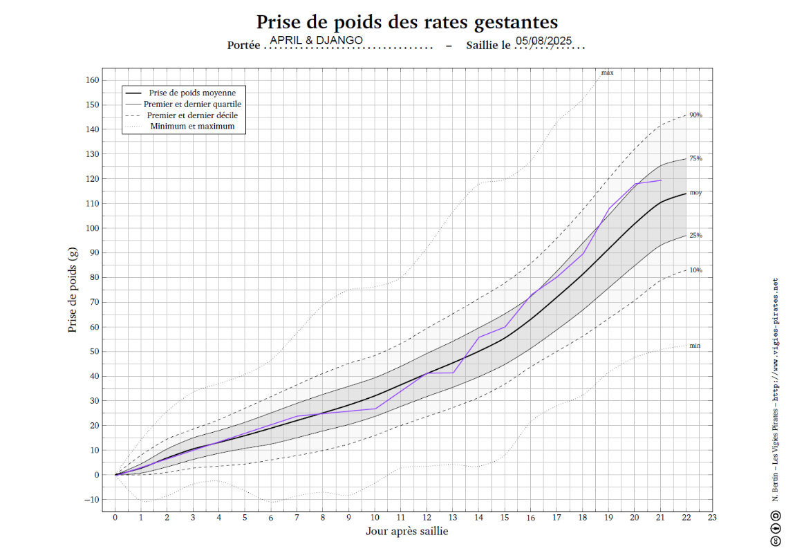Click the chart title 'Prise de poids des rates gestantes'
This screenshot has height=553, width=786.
tap(406, 22)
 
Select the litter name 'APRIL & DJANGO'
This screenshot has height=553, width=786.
tap(316, 40)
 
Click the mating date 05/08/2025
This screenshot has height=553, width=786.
tap(544, 41)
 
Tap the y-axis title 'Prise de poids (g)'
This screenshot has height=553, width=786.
tap(73, 290)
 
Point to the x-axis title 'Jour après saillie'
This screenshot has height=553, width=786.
tap(406, 531)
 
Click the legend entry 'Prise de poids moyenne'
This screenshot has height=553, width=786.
tap(192, 93)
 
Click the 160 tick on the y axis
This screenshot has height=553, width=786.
tap(93, 80)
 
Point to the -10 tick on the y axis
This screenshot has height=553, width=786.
tap(93, 500)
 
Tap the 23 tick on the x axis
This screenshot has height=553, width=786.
tap(712, 518)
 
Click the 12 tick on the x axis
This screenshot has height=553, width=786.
tap(427, 518)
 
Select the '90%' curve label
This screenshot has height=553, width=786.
tap(695, 115)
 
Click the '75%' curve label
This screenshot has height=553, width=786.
tap(695, 158)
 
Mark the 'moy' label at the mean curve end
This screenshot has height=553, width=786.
tap(695, 193)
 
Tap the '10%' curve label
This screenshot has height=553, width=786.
tap(695, 270)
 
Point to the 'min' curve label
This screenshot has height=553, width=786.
tap(695, 345)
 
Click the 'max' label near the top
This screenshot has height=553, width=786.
tap(607, 73)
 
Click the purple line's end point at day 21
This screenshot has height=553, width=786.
tap(661, 180)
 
